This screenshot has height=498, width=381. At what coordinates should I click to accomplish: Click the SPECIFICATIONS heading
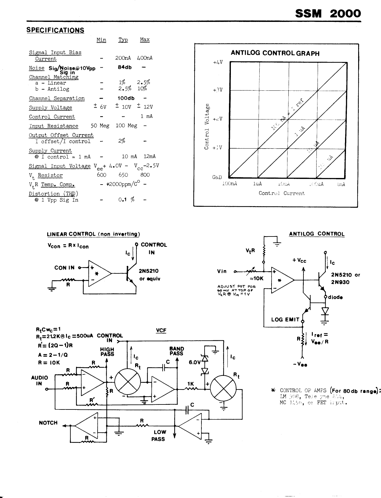click(x=55, y=30)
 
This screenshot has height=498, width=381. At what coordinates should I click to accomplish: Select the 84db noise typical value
click(x=124, y=67)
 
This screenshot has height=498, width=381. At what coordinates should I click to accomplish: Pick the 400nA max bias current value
click(x=145, y=58)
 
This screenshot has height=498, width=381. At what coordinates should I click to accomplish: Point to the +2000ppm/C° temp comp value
click(x=123, y=184)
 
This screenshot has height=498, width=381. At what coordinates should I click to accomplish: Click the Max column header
click(x=145, y=40)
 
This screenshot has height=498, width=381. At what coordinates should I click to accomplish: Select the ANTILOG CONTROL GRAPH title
click(x=275, y=53)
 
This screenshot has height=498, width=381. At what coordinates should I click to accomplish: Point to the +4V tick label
click(x=218, y=62)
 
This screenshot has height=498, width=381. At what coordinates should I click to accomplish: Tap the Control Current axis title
click(x=282, y=193)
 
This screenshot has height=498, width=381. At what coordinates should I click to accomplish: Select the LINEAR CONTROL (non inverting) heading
click(x=93, y=234)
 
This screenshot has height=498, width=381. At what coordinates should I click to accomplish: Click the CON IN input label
click(x=64, y=267)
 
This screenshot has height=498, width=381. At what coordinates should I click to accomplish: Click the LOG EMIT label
click(x=285, y=319)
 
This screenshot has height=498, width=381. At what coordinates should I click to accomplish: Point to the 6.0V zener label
click(x=195, y=362)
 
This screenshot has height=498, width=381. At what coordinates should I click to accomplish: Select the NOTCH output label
click(x=48, y=423)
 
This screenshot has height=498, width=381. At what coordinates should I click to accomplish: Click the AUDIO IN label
click(x=39, y=380)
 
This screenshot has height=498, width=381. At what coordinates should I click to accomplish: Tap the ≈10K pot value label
click(x=257, y=278)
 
